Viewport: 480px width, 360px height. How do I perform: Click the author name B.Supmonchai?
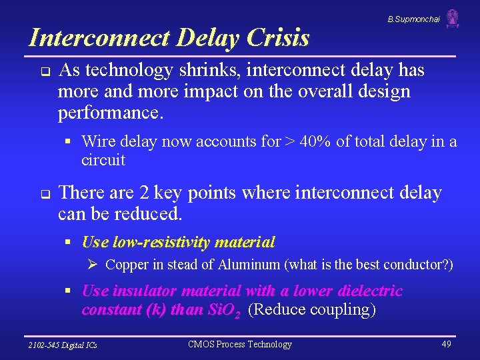[x=413, y=20]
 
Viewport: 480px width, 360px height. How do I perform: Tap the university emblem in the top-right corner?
[x=453, y=18]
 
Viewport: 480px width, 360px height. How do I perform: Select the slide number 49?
[x=446, y=344]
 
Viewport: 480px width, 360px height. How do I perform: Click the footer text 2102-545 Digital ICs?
[x=63, y=345]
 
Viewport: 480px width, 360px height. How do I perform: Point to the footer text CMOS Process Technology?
[x=240, y=344]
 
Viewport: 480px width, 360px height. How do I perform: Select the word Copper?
[x=127, y=265]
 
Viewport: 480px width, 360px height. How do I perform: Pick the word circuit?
[x=103, y=160]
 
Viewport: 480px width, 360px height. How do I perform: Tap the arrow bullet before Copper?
[x=93, y=265]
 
